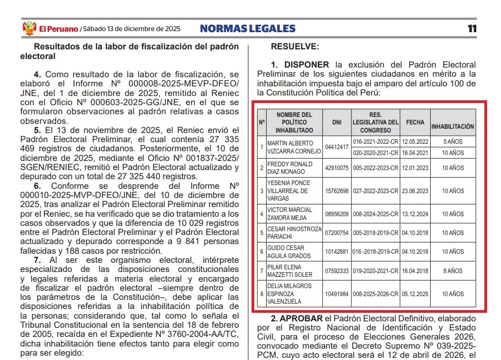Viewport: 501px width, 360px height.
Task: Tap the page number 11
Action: click(x=471, y=28)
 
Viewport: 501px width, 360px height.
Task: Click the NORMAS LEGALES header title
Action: click(x=247, y=28)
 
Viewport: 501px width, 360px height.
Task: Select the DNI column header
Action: click(x=337, y=122)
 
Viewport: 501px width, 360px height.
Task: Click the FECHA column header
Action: click(x=415, y=122)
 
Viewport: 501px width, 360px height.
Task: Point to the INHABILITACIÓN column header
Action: click(x=452, y=127)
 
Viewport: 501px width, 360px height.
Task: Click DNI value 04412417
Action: click(x=337, y=146)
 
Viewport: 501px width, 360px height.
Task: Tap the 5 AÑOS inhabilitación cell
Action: click(x=453, y=141)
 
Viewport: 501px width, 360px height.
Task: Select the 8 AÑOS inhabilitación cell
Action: click(x=453, y=271)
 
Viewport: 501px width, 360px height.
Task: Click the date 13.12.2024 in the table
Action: click(x=415, y=214)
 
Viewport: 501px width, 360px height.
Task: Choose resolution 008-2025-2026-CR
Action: click(x=375, y=294)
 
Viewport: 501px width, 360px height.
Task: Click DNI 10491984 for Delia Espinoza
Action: click(x=337, y=294)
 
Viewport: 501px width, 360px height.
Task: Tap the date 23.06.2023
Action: click(x=415, y=191)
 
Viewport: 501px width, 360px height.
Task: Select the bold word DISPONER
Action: click(x=306, y=65)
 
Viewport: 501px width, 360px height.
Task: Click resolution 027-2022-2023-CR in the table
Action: click(x=375, y=191)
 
